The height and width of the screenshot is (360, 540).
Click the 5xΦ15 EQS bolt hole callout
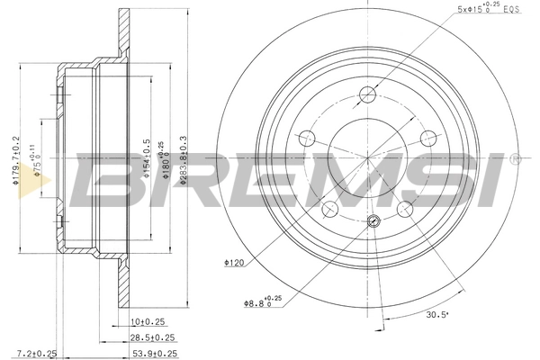pos(488,12)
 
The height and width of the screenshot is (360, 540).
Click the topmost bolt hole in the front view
pos(370,93)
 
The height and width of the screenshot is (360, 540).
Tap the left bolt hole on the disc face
pos(307,138)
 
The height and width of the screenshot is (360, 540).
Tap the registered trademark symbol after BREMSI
pos(514,160)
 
